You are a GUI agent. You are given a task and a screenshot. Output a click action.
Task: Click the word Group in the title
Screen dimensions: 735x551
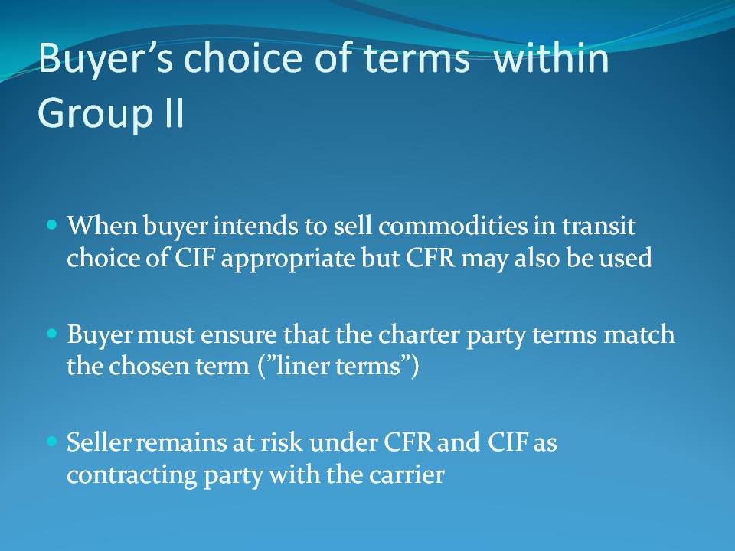coord(95,113)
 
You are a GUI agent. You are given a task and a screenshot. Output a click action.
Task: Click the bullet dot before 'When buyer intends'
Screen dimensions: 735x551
coord(52,225)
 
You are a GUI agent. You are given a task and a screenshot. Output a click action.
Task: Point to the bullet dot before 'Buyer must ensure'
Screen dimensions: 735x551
coord(52,334)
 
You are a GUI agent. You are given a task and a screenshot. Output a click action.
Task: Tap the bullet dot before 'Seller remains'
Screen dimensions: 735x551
coord(52,442)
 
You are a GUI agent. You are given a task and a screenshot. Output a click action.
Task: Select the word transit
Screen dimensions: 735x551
coord(599,226)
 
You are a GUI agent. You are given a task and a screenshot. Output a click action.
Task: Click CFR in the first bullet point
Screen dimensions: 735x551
coord(430,258)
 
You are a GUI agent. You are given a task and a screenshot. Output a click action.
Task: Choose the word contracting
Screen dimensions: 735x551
coord(132,475)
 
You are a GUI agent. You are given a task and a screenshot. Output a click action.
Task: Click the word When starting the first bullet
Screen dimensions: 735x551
coord(102,226)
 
